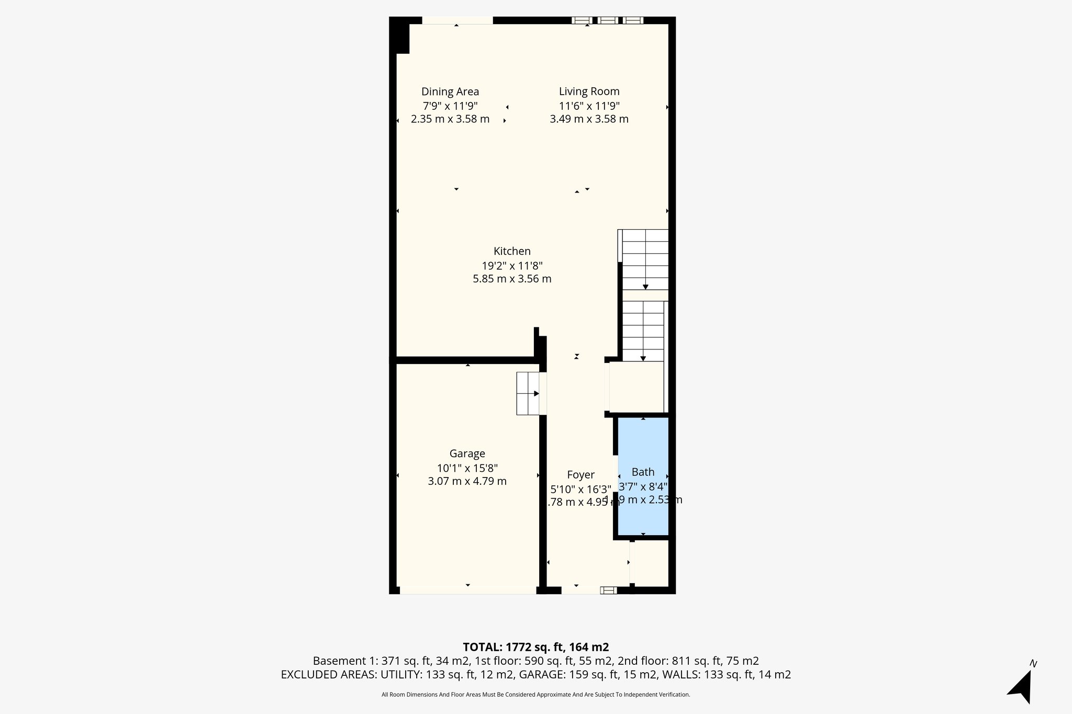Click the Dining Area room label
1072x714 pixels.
point(450,92)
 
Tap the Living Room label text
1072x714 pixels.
point(589,92)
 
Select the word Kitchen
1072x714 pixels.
point(512,251)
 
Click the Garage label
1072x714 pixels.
point(467,454)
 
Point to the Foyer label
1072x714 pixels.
point(580,475)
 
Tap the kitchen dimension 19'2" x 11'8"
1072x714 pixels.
point(512,265)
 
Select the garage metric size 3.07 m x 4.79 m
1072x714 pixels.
point(467,481)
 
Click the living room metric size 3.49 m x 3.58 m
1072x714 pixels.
point(589,119)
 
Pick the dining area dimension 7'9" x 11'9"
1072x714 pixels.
point(450,106)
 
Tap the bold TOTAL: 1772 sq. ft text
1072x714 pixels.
point(535,647)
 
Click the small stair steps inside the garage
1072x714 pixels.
point(528,393)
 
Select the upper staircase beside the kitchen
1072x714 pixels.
point(645,260)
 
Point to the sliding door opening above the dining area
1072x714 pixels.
point(457,20)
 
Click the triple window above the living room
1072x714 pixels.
point(607,20)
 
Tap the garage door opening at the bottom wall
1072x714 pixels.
point(467,590)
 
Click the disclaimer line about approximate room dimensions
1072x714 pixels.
point(535,695)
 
